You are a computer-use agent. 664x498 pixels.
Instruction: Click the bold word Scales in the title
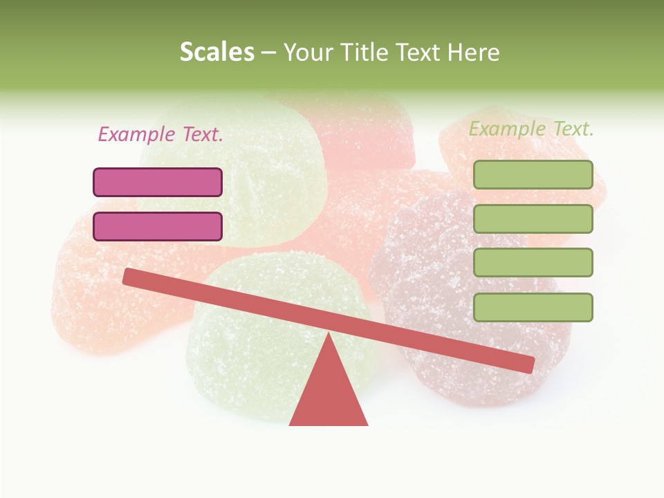pyautogui.click(x=216, y=52)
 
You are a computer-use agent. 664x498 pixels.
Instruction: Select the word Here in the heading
pyautogui.click(x=473, y=52)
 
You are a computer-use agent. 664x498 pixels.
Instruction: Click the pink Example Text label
pyautogui.click(x=160, y=134)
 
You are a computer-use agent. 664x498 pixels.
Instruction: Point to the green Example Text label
pyautogui.click(x=531, y=129)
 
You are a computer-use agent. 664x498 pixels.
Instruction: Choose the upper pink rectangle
pyautogui.click(x=158, y=182)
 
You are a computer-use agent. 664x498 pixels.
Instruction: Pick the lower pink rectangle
pyautogui.click(x=158, y=226)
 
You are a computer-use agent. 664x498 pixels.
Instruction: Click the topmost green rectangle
pyautogui.click(x=533, y=174)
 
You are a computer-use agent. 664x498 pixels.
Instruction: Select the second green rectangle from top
pyautogui.click(x=533, y=219)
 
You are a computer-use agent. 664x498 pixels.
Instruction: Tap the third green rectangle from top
pyautogui.click(x=533, y=262)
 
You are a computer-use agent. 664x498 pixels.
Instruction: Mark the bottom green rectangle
pyautogui.click(x=533, y=307)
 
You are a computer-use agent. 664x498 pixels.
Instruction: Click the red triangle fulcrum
pyautogui.click(x=328, y=394)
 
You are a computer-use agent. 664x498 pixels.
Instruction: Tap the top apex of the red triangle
pyautogui.click(x=329, y=335)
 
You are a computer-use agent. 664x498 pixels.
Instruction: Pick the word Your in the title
pyautogui.click(x=304, y=52)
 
